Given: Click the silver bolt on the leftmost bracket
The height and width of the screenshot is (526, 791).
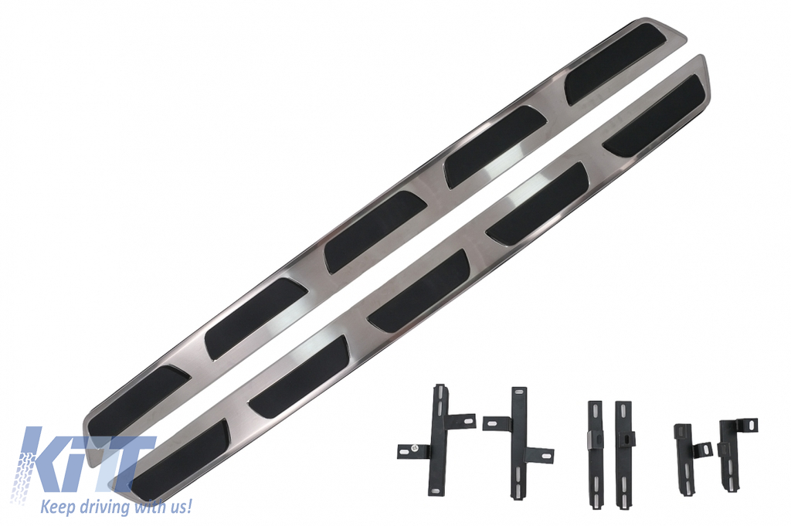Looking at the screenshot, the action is [414, 447].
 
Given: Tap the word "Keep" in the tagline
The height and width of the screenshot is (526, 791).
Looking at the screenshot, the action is [56, 506].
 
